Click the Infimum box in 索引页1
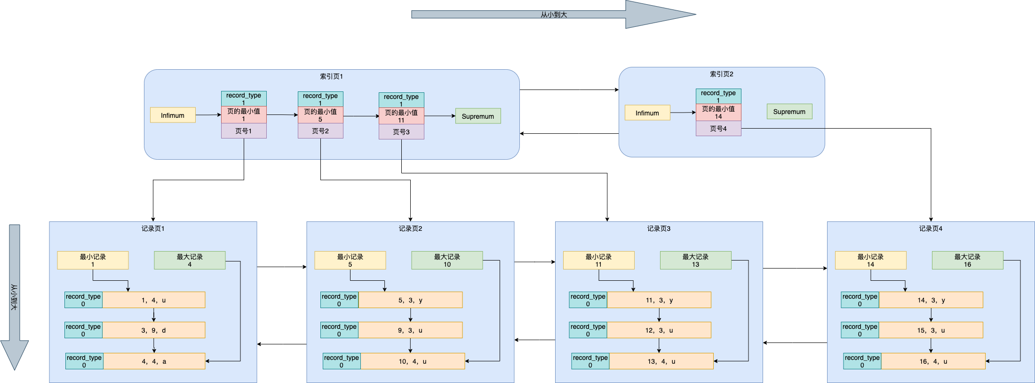click(x=173, y=115)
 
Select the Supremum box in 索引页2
click(x=789, y=112)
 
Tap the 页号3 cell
click(x=401, y=132)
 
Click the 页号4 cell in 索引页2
click(x=718, y=129)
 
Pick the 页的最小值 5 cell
click(x=320, y=115)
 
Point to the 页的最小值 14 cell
click(x=718, y=112)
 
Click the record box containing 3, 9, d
click(x=153, y=330)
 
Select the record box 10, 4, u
click(x=412, y=361)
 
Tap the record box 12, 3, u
click(x=659, y=330)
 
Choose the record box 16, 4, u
click(x=933, y=361)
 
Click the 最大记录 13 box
click(x=695, y=260)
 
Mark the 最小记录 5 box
click(x=350, y=260)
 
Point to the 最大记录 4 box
click(x=190, y=260)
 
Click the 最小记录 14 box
click(x=870, y=260)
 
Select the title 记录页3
click(x=659, y=228)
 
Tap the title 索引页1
click(x=331, y=76)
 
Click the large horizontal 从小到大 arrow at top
click(x=553, y=15)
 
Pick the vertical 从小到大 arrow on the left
click(x=15, y=297)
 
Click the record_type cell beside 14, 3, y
click(x=860, y=300)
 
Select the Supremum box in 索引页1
click(x=478, y=116)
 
